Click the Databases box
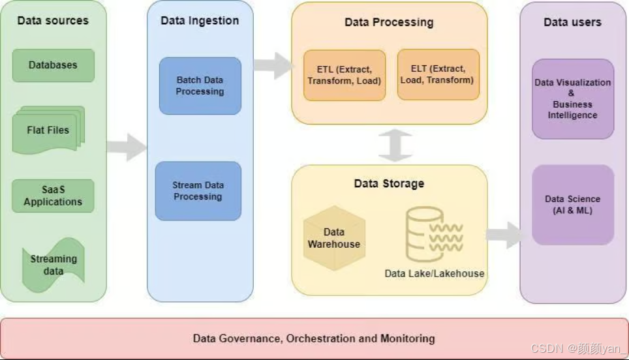click(53, 65)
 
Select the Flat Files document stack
click(48, 130)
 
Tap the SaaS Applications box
click(53, 196)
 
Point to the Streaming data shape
click(54, 265)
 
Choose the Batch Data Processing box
click(200, 86)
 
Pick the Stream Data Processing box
click(198, 191)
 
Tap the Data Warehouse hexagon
click(334, 238)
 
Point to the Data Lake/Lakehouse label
click(435, 273)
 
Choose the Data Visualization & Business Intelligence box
click(572, 99)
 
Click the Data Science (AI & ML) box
click(572, 205)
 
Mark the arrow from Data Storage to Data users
click(504, 235)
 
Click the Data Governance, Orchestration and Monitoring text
click(314, 338)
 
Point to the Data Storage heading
click(389, 183)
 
